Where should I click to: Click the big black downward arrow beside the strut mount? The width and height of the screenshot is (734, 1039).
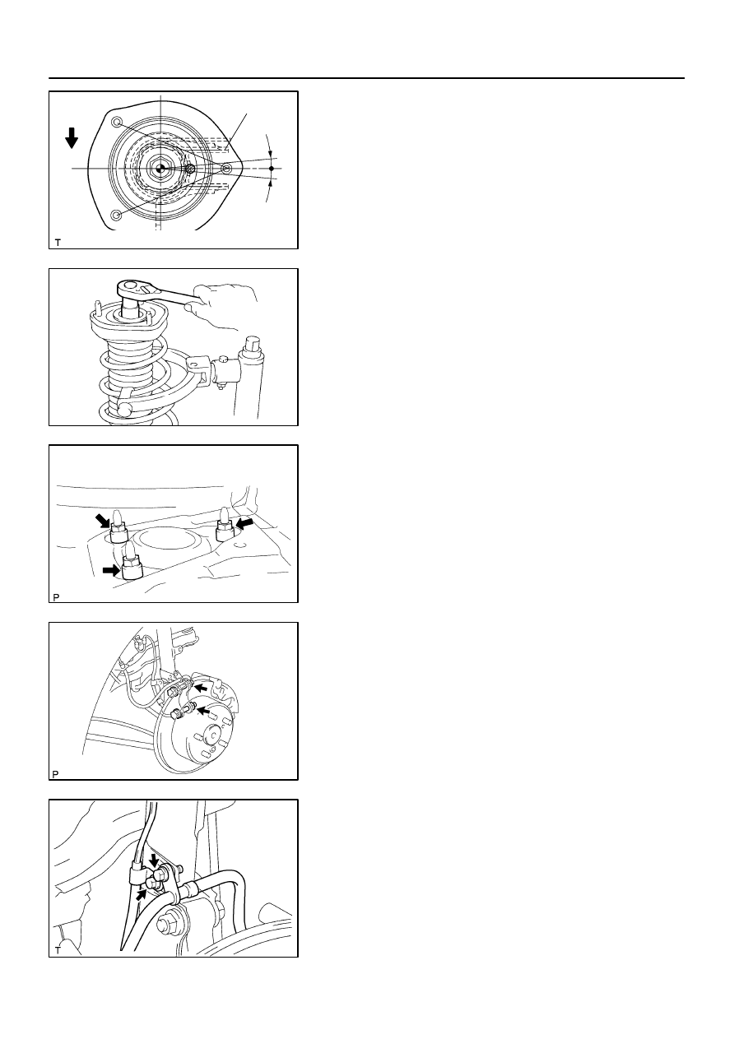[72, 138]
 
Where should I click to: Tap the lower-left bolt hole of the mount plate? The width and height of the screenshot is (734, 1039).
[117, 215]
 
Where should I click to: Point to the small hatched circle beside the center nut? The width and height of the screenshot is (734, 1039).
[190, 169]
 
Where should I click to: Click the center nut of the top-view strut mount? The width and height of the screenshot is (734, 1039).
[160, 169]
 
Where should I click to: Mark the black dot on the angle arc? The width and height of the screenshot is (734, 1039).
[272, 169]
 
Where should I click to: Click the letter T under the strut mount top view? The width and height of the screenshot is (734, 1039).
[58, 243]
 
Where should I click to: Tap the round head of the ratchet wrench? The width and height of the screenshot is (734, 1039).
[129, 285]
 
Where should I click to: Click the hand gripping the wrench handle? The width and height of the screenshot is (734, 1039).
[223, 306]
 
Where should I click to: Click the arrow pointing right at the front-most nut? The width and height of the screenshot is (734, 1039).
[111, 570]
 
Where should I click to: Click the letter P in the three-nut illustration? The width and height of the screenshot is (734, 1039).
[56, 597]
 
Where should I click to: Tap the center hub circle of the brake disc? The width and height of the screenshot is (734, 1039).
[212, 735]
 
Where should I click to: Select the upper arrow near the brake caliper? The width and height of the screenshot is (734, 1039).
[201, 688]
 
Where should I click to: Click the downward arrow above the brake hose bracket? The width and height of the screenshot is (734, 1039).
[154, 860]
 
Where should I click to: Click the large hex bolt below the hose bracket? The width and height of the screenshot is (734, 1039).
[165, 924]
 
